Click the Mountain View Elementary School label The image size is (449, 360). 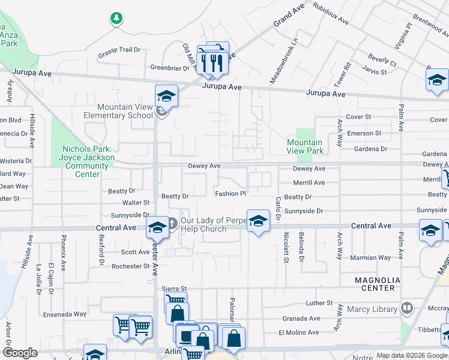[x=125, y=111]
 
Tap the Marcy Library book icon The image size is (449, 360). [x=407, y=309]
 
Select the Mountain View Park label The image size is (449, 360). [x=304, y=146]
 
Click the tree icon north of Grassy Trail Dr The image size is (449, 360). [x=116, y=19]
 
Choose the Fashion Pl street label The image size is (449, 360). [x=231, y=193]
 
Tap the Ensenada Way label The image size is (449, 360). [x=65, y=314]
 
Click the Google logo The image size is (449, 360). [x=20, y=353]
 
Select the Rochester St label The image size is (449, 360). [x=130, y=266]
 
